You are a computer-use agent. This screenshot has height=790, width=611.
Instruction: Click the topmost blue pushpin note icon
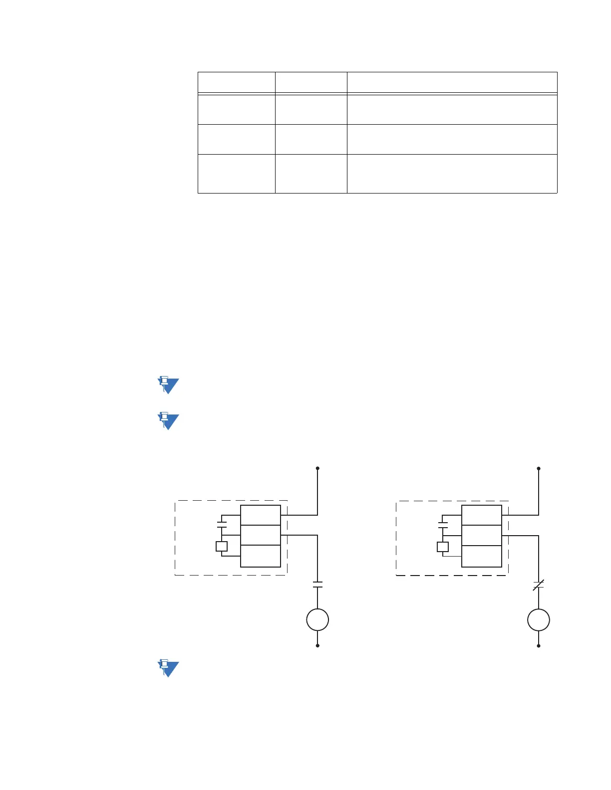click(x=168, y=386)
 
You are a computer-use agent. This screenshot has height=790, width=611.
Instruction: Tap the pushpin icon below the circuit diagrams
click(x=168, y=668)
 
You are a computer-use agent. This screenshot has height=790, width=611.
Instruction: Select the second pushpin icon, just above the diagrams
click(x=168, y=421)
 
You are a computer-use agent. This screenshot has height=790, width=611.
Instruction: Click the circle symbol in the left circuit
click(x=317, y=620)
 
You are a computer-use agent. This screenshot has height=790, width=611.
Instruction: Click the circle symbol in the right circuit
click(x=539, y=620)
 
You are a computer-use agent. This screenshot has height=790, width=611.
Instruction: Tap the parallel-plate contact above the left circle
click(x=317, y=585)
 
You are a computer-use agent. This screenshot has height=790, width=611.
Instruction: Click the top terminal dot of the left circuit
click(x=317, y=468)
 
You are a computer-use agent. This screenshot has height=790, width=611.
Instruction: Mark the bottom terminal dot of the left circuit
click(x=317, y=645)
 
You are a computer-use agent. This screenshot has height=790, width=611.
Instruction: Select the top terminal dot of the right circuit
click(x=539, y=469)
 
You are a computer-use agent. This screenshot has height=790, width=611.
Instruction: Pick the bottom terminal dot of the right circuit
click(x=539, y=646)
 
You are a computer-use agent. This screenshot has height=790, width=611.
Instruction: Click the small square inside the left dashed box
click(x=222, y=546)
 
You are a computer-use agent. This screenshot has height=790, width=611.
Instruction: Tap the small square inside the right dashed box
click(x=443, y=547)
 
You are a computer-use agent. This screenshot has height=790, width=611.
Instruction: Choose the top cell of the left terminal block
click(x=261, y=515)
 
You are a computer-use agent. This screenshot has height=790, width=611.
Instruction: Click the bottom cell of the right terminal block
click(x=482, y=556)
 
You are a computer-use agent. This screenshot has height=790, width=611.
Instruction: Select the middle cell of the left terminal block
click(x=261, y=535)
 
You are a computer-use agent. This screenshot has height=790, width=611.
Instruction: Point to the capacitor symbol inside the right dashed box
click(x=443, y=525)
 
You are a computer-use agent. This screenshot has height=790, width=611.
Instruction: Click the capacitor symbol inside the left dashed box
click(x=222, y=524)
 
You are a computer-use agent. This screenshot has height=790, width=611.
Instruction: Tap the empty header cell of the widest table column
click(x=452, y=82)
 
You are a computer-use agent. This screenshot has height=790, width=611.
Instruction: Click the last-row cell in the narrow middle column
click(x=311, y=174)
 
